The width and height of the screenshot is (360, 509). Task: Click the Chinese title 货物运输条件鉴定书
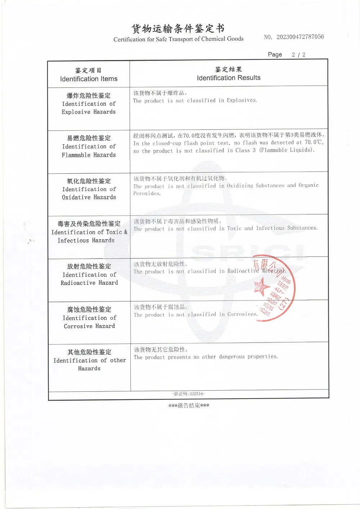point(178,28)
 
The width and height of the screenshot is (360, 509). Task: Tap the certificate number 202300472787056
point(300,37)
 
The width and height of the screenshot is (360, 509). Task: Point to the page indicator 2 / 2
point(298,55)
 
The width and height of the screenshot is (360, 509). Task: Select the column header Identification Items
point(89,79)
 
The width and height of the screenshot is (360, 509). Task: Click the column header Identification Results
point(229,78)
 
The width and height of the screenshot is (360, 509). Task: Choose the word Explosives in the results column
point(242,100)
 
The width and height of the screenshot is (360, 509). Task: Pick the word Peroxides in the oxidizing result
point(147,194)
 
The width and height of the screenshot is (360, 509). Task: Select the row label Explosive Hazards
point(89,112)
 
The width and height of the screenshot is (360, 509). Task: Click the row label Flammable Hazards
point(89,155)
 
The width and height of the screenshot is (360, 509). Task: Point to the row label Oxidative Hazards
point(89,197)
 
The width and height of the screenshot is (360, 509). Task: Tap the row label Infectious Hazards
point(86,241)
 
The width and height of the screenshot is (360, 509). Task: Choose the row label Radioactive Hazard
point(89,283)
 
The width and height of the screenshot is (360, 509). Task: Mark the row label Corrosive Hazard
point(89,326)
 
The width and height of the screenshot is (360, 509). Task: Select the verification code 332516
point(197,394)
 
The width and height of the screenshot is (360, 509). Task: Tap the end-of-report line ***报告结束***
point(189,406)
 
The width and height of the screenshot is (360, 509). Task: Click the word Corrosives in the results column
point(242,314)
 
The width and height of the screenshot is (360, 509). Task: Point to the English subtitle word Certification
point(129,39)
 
